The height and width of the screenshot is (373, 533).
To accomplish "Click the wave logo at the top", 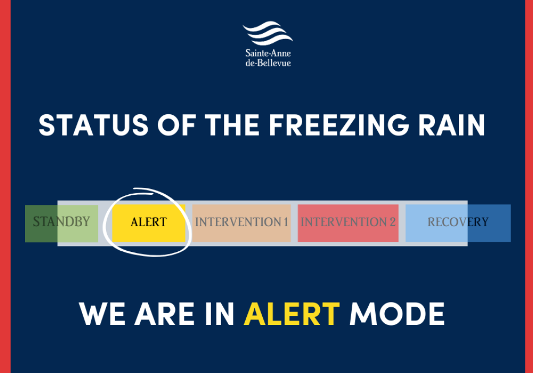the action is coord(268,34).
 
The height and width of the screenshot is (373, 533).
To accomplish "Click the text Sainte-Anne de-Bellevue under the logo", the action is coord(268,58).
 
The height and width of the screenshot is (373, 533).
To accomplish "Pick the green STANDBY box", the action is coord(61,223).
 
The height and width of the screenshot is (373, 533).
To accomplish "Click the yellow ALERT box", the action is coord(149,223).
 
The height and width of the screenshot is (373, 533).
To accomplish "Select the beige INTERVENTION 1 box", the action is coord(241,223).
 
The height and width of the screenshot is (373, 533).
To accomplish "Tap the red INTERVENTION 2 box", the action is coord(348,223).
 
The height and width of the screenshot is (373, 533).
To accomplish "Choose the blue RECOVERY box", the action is coord(457,223).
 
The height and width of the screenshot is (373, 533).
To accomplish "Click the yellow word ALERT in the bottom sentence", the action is coord(292,314).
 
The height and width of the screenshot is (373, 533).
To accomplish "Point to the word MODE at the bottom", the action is coord(397,314).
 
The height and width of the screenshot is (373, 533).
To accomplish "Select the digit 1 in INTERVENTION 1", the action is coord(286,223).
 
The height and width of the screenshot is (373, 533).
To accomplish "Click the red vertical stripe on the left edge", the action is coord(5,187).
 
